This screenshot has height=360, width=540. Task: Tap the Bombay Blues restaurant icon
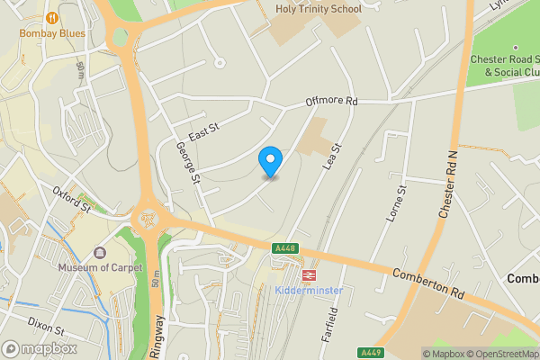click(x=54, y=17)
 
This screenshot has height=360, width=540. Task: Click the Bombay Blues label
click(x=54, y=33)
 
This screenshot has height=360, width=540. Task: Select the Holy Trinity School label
click(x=318, y=9)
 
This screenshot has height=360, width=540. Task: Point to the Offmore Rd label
click(x=332, y=103)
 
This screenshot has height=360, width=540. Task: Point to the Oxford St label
click(x=72, y=199)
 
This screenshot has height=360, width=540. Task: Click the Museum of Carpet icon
click(x=98, y=253)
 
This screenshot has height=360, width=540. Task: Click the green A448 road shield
click(x=285, y=248)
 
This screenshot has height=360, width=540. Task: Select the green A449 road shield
click(x=370, y=352)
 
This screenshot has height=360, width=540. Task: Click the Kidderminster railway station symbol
click(x=309, y=274)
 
